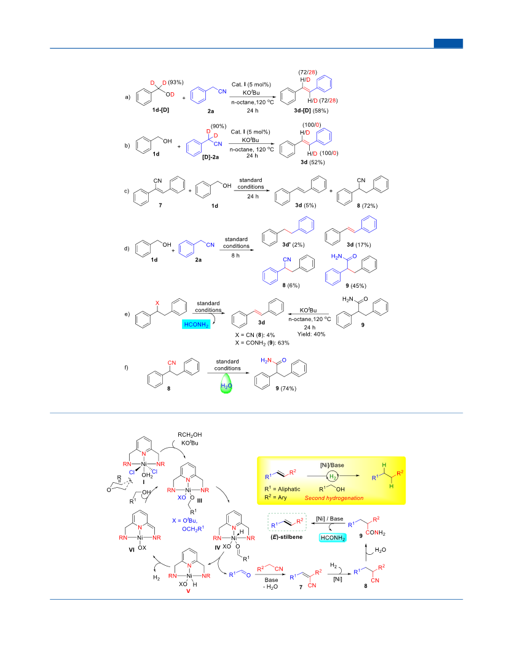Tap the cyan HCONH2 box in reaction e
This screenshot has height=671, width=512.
coord(196,324)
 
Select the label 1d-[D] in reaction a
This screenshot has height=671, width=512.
coord(160,110)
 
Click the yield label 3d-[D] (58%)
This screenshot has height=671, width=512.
coord(311,111)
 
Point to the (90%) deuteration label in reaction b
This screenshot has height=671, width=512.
coord(219,126)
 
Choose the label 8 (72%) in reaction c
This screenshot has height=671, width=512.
coord(368,206)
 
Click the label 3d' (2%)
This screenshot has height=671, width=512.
coord(293,245)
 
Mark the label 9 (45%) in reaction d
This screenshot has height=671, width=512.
coord(356,286)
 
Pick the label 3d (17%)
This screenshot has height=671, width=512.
coord(358,245)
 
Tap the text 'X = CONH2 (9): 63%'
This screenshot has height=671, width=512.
coord(262,343)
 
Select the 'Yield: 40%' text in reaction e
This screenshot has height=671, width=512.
coord(312,334)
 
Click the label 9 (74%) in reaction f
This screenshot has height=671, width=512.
coord(286,389)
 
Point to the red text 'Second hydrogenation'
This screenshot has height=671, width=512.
coord(334,498)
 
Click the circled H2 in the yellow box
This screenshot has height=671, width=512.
coord(333,476)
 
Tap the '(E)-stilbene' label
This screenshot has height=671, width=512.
coord(286,537)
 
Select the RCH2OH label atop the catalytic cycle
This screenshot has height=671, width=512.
coord(190,435)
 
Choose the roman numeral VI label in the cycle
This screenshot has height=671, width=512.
coord(132,550)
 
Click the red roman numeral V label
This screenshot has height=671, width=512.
coord(188,591)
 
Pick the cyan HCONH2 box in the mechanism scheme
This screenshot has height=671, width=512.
coord(333,538)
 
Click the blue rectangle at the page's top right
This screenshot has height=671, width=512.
coord(448,43)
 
